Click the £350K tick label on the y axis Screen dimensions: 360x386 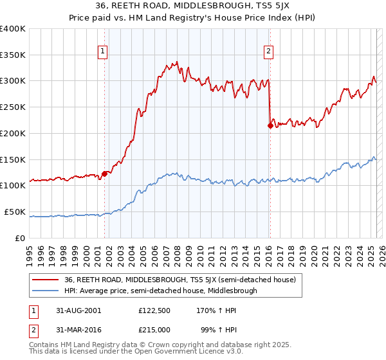[x=13, y=55]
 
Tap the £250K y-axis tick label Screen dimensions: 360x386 [x=13, y=107]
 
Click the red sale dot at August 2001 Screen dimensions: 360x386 [x=104, y=174]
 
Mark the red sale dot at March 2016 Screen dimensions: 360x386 [x=270, y=125]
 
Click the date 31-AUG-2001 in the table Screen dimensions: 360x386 [x=77, y=310]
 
